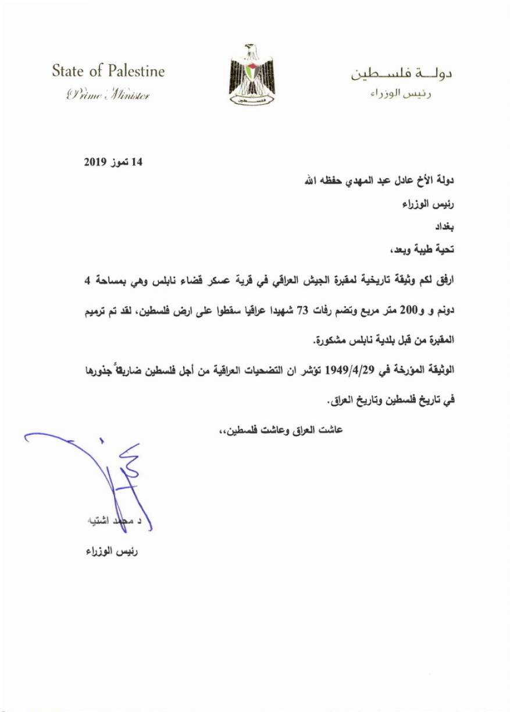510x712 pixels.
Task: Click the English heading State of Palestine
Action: [x=108, y=72]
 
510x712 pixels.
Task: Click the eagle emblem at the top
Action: [x=252, y=74]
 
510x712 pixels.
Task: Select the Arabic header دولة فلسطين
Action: [x=403, y=75]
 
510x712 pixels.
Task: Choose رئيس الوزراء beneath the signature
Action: [x=110, y=551]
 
